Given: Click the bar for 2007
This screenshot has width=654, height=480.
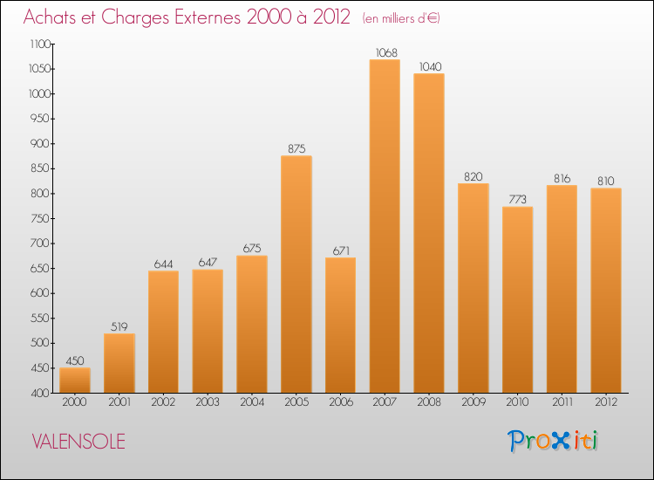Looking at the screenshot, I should coord(385,227).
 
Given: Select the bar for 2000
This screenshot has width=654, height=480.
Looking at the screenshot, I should coord(75,381).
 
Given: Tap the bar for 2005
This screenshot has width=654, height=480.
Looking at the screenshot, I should coord(296,274).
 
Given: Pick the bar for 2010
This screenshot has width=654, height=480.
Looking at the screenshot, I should coord(517,299).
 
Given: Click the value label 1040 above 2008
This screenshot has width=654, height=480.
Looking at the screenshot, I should coord(429,65).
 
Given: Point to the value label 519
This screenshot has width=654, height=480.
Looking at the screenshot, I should coord(119,326).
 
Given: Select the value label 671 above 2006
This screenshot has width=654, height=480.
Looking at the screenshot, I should coord(340,250).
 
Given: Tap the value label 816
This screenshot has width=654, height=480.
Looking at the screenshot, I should coord(562,178).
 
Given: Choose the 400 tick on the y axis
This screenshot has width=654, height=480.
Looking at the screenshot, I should coord(40,393).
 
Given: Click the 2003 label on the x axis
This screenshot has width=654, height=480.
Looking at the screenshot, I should coord(208,403).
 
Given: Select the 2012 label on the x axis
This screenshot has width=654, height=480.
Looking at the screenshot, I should coord(605,403).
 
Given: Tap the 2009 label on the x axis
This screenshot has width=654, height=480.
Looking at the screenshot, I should coord(473,403).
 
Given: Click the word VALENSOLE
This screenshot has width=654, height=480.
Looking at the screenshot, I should coord(78,442).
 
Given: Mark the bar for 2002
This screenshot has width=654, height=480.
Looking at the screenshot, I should coord(163,332).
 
